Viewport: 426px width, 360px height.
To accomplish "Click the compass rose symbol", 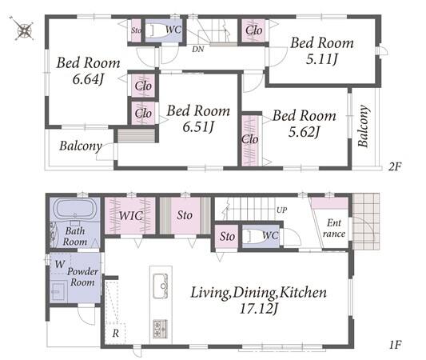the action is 24,29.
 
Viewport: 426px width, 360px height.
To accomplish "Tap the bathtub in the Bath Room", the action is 75,209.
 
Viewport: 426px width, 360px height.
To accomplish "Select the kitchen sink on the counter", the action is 161,286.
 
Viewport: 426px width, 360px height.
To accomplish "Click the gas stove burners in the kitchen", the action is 161,329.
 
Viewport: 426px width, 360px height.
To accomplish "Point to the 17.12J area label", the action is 259,309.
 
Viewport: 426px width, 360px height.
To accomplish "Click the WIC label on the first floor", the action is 131,216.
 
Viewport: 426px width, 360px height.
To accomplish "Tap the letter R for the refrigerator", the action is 116,333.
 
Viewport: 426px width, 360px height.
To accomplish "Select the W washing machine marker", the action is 60,264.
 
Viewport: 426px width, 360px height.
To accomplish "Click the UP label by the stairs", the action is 282,210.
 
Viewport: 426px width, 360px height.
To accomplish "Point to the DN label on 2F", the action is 197,50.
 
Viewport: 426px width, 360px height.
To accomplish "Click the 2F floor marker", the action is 395,166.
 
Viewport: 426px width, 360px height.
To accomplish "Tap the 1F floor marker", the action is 396,345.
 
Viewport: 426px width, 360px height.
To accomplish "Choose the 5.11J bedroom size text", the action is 321,59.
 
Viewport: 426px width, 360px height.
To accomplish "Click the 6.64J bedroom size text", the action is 88,79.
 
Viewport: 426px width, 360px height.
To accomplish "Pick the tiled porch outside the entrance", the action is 366,222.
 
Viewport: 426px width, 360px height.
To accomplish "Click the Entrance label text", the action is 334,228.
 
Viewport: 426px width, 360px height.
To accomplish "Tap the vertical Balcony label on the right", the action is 364,126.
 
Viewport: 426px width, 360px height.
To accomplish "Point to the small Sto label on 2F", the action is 137,30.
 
